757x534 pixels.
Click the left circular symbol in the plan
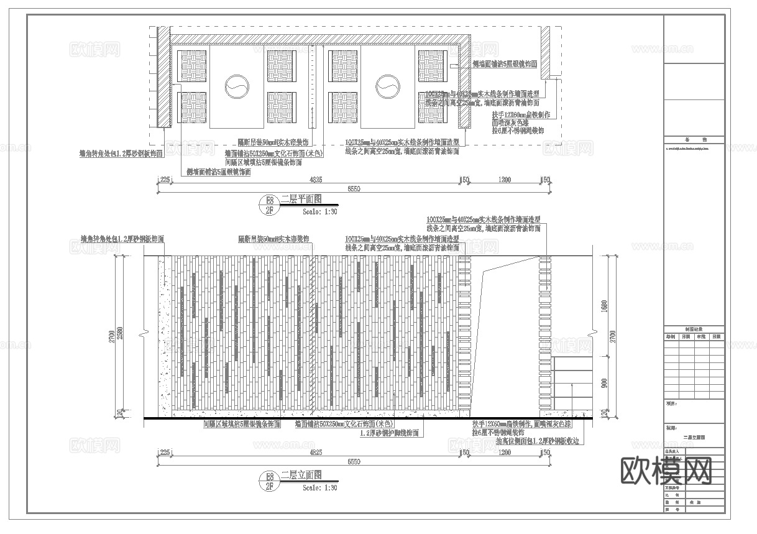[x=237, y=86]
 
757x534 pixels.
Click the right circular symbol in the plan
[x=388, y=86]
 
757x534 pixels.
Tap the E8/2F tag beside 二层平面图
[x=270, y=205]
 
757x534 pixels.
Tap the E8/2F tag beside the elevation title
[x=270, y=480]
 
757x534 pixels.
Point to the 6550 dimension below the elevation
[x=354, y=462]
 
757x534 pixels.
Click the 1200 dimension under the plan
[x=505, y=180]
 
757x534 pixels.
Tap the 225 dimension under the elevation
[x=165, y=453]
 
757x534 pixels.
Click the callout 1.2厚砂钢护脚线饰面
[x=389, y=433]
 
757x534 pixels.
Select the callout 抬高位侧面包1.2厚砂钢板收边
[x=537, y=441]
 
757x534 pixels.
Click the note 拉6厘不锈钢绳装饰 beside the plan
[x=518, y=131]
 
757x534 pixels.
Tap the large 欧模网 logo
[x=666, y=471]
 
